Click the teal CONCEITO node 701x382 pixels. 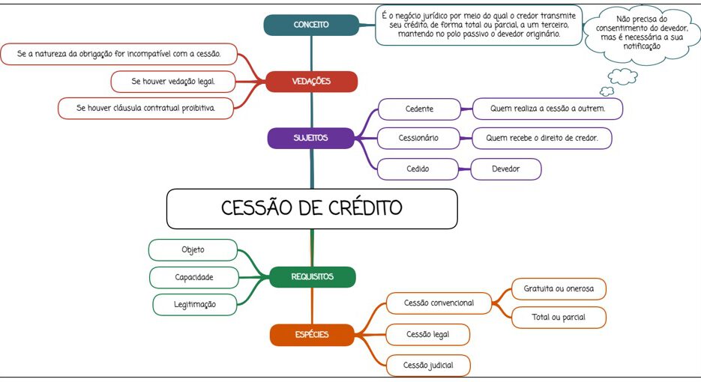(311, 25)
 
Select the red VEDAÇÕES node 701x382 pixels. (311, 82)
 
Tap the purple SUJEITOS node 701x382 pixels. (310, 138)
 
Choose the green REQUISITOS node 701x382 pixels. (313, 277)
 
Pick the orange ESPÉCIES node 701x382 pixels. (312, 335)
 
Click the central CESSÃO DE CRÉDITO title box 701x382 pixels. (312, 209)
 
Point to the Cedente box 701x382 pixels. (419, 109)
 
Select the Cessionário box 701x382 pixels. (418, 138)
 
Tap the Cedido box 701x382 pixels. (418, 169)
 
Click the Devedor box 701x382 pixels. (505, 169)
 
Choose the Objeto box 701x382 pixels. (193, 249)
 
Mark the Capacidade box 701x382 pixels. (194, 277)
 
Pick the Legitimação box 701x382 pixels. (194, 305)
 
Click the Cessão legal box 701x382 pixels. (428, 335)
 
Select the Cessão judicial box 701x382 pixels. (428, 366)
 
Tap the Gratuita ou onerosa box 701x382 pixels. (559, 289)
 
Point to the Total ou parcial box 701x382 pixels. (559, 318)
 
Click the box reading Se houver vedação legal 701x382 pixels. (173, 82)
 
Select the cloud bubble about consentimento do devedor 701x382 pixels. (642, 33)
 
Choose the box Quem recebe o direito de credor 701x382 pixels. (542, 138)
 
